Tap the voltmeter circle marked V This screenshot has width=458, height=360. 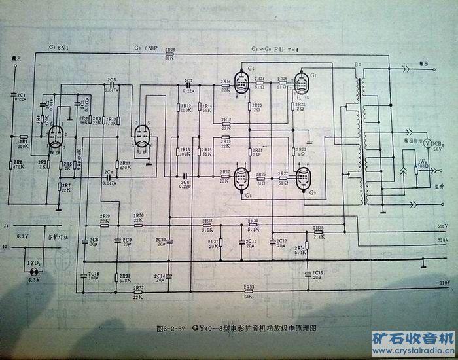tap(427, 142)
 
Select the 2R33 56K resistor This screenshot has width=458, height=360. tap(249, 291)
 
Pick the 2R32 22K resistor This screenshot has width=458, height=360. tap(139, 291)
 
